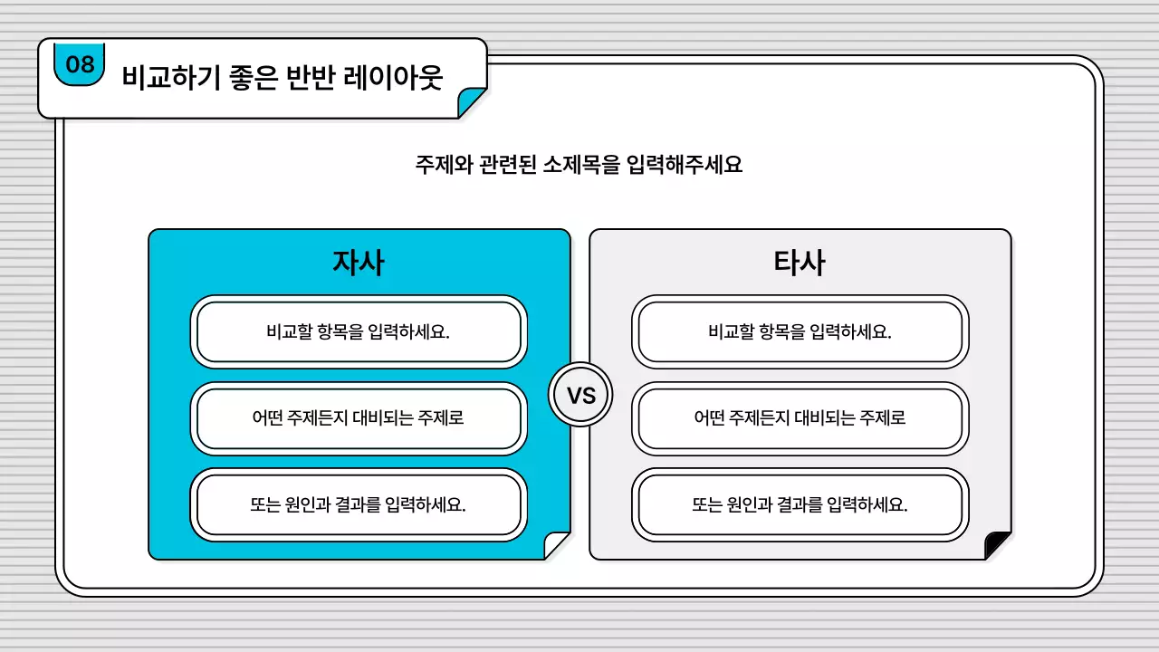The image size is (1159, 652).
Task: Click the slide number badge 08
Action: [x=80, y=64]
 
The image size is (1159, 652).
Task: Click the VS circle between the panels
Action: [x=580, y=396]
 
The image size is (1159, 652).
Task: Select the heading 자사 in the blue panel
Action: [x=359, y=263]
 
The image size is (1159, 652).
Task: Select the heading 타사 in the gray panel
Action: [x=800, y=263]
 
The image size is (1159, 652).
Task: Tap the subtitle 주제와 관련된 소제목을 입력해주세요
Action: [x=579, y=165]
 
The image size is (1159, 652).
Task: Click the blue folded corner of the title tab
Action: [x=470, y=103]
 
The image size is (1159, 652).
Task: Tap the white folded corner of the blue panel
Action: [x=555, y=546]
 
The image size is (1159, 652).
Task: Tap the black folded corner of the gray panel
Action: [x=997, y=546]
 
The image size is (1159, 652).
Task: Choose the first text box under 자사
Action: [x=359, y=331]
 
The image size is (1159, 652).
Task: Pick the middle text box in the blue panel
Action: [x=359, y=418]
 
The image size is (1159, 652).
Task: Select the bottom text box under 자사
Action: [x=359, y=504]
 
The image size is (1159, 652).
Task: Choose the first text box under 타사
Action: [x=800, y=331]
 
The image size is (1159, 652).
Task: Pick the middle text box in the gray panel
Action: [x=800, y=418]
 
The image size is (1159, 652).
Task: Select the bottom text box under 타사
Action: [x=800, y=504]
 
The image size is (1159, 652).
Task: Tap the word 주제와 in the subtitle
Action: [x=438, y=165]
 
